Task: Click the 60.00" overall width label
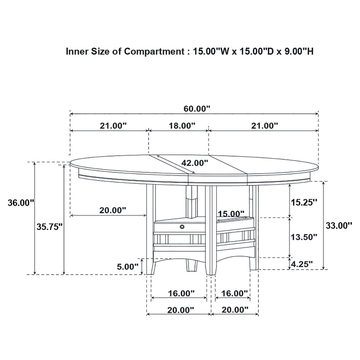click(x=197, y=108)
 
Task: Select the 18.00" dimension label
click(x=182, y=126)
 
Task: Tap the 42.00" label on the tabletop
click(x=195, y=163)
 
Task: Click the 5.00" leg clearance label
click(x=128, y=266)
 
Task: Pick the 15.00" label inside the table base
click(x=231, y=213)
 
